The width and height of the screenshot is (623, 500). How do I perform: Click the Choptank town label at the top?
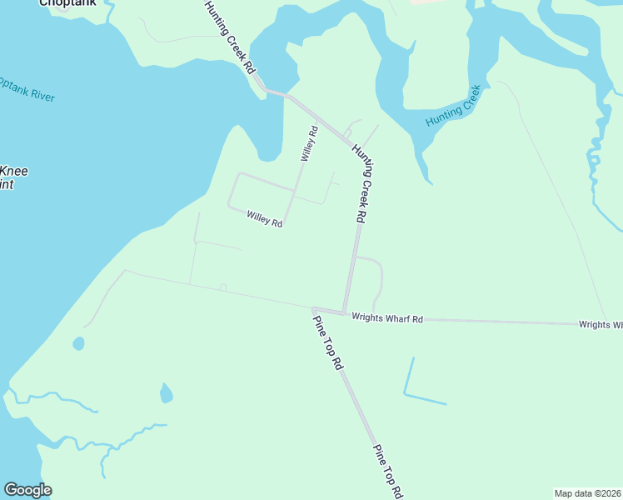point(68,3)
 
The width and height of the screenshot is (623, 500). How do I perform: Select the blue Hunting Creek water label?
point(454,107)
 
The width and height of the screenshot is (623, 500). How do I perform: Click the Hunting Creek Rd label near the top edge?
point(229,37)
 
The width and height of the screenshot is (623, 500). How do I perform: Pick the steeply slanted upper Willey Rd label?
point(309,143)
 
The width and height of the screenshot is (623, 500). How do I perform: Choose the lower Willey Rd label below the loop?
point(265,219)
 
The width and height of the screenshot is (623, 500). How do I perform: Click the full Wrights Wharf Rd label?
point(387,318)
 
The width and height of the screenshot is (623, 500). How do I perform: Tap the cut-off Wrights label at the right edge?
point(601,324)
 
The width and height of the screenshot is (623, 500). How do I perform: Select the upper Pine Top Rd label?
point(327,340)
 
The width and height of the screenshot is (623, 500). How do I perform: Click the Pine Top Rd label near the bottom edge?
point(387,471)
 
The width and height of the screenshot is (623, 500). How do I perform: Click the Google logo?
point(27,490)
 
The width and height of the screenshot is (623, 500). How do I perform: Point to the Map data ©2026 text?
point(587,493)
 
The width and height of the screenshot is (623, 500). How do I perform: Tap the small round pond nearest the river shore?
point(78,343)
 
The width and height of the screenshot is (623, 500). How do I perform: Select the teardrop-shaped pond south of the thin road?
point(167,393)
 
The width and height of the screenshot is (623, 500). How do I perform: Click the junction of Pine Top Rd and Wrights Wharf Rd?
point(316,309)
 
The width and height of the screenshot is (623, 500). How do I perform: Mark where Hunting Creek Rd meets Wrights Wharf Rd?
point(344,312)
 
